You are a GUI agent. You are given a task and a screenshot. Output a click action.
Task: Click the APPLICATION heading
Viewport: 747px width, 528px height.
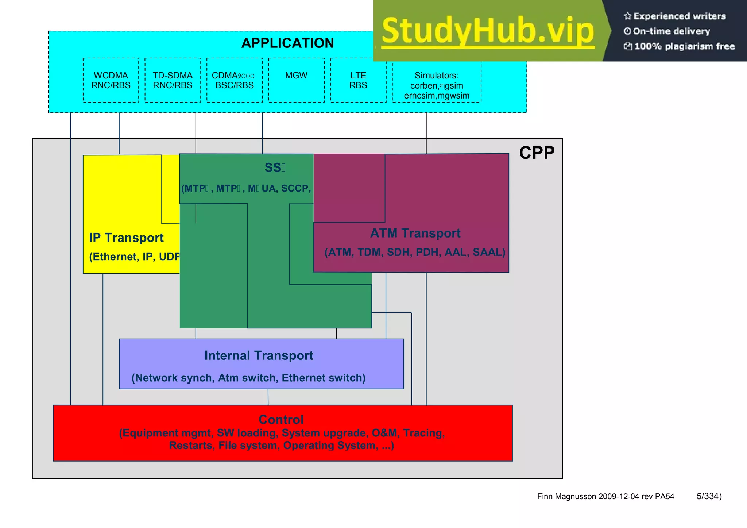click(287, 43)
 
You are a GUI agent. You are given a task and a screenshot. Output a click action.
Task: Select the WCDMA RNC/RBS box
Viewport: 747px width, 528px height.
click(111, 80)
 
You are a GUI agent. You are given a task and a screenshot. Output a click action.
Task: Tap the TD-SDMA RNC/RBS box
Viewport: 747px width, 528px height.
click(173, 80)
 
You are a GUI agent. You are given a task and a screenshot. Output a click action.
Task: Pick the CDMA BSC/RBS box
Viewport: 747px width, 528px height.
click(234, 80)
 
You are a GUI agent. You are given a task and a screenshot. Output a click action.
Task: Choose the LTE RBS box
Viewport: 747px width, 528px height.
click(358, 80)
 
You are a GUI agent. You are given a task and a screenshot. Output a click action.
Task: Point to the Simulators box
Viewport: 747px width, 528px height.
click(437, 85)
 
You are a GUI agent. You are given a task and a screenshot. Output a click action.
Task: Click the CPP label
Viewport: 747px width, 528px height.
click(537, 153)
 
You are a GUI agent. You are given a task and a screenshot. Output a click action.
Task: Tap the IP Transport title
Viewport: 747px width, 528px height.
click(126, 238)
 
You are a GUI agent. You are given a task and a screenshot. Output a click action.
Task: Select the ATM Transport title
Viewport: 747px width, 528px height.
click(415, 233)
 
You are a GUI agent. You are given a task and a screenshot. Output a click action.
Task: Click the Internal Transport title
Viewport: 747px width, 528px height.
click(259, 355)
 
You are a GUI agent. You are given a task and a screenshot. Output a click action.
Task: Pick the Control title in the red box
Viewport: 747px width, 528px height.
click(281, 419)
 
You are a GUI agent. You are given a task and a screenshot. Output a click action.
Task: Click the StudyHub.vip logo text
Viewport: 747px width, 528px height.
click(488, 31)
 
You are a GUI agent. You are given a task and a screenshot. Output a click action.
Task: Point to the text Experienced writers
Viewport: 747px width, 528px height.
click(679, 16)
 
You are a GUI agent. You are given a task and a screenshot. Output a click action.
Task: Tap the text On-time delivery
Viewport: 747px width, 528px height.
click(671, 31)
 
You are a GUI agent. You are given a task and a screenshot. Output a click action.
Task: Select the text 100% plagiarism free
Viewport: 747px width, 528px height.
click(684, 46)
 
